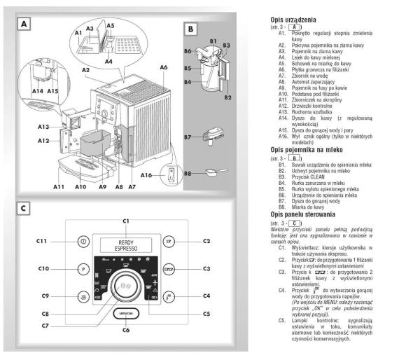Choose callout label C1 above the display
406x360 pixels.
[127, 221]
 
